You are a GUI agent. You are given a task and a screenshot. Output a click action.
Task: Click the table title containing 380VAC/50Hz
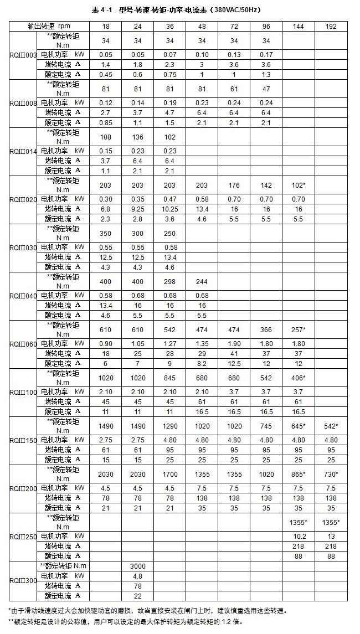coord(181,9)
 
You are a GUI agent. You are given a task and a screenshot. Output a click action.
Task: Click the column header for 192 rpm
coord(331,26)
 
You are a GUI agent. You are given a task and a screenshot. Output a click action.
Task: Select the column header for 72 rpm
coord(234,26)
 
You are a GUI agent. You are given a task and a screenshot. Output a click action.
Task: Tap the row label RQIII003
coord(23,55)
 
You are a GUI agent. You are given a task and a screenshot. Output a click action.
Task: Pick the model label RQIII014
coord(23,151)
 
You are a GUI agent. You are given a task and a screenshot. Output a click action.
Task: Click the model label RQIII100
coord(23,391)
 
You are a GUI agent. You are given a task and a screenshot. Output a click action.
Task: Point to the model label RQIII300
coord(23,581)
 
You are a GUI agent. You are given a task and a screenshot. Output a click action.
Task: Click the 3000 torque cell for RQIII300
coord(137,566)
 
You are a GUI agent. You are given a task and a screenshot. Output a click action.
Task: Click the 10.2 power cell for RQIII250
coord(299,536)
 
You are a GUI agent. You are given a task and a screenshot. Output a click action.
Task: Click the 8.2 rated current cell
coord(202,363)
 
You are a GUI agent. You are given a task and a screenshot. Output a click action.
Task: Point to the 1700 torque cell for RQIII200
coord(169,474)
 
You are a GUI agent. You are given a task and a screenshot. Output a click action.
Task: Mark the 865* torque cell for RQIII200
coord(299,474)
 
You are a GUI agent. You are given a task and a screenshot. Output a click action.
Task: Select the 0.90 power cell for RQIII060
coord(105,343)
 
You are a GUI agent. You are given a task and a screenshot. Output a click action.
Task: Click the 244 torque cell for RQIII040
coord(202,281)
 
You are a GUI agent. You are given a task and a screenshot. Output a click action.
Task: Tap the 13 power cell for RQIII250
coord(331,536)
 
